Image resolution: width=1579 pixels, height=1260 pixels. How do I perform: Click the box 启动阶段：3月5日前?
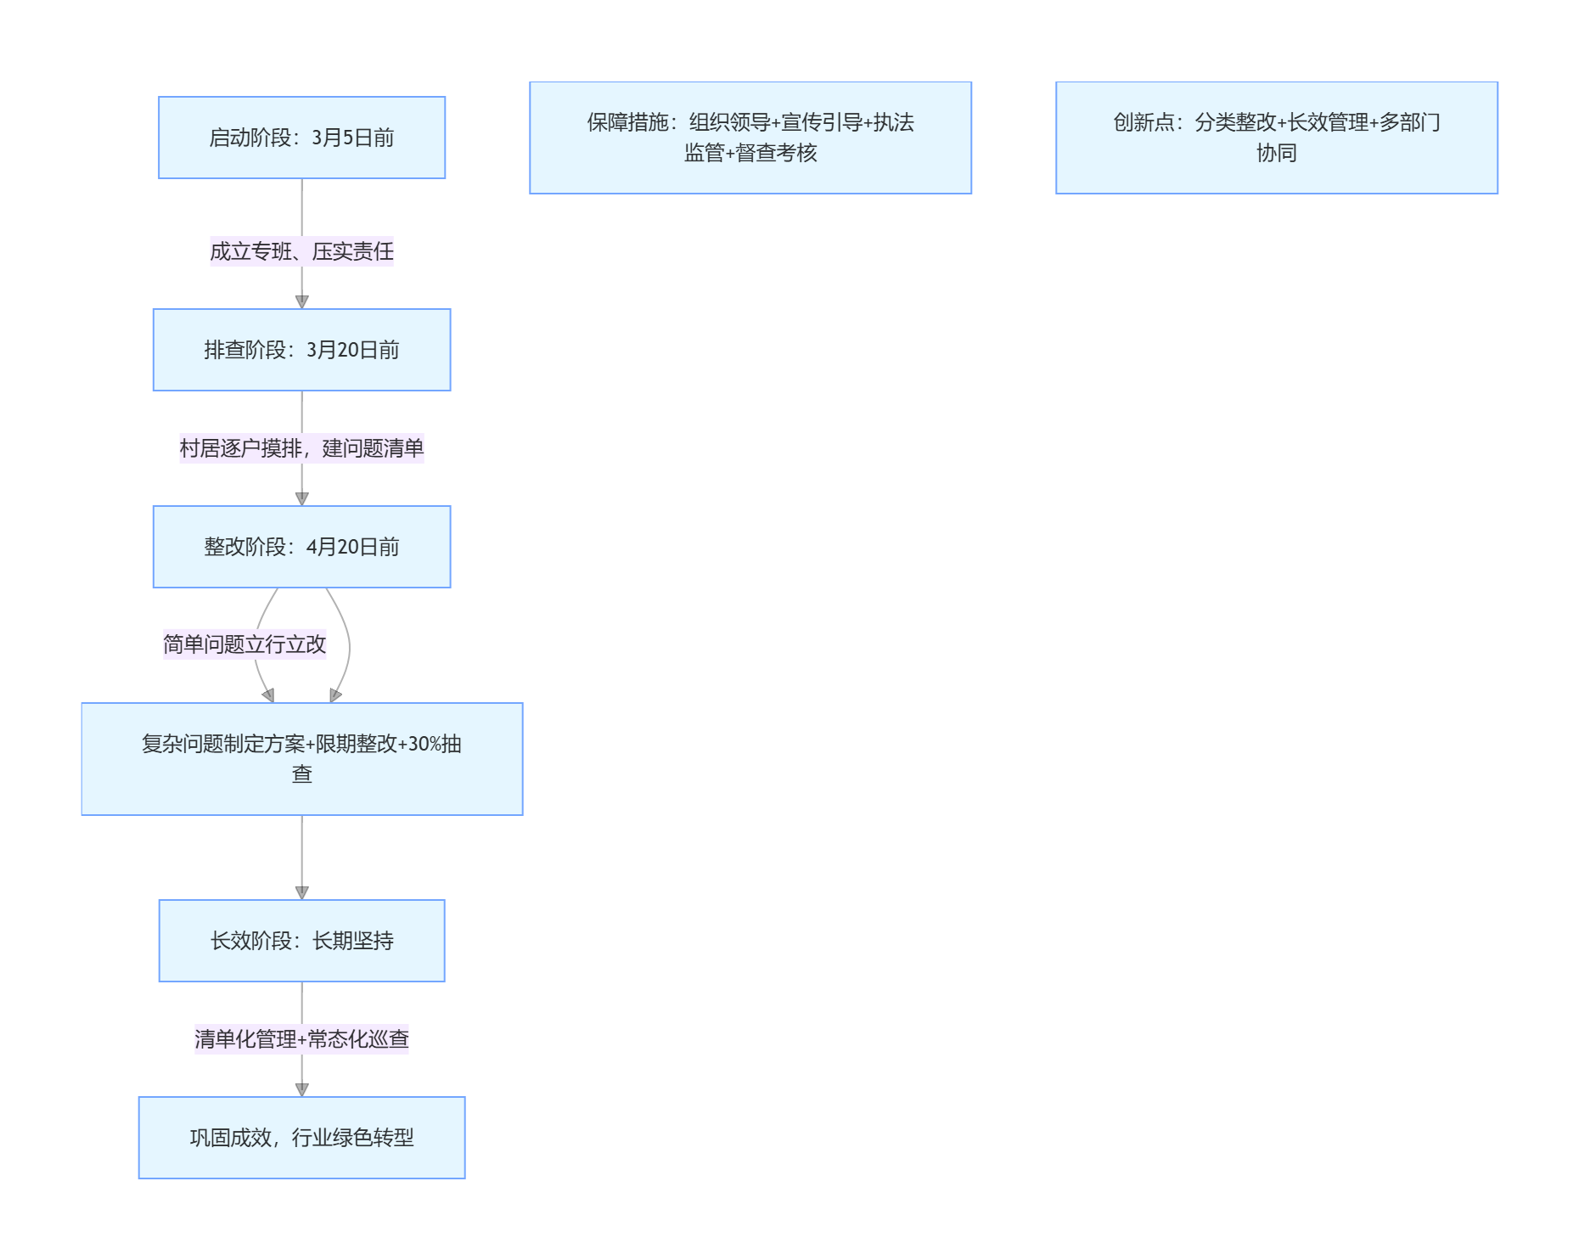pos(301,138)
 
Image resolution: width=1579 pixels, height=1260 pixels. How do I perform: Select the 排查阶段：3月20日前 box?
pos(301,350)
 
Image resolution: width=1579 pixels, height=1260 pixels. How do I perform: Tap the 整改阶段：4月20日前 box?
pos(301,547)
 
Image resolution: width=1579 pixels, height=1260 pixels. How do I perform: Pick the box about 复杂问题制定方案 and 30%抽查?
pos(301,759)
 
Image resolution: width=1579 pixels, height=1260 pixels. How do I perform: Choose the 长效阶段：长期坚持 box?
pos(301,941)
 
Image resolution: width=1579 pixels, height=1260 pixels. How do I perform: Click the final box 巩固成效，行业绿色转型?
pos(301,1138)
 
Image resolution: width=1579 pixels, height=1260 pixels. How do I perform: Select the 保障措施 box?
pos(750,138)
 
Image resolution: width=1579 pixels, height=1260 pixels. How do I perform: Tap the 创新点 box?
pos(1276,138)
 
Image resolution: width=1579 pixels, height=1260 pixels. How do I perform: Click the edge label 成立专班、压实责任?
pos(301,251)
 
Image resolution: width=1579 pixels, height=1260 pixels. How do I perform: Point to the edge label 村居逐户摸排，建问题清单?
pos(301,448)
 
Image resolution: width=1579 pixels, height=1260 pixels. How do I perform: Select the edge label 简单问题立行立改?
pos(244,644)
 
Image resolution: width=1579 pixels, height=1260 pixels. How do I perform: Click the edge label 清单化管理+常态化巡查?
pos(301,1039)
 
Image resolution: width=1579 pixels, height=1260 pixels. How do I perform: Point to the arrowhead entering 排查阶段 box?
pos(301,301)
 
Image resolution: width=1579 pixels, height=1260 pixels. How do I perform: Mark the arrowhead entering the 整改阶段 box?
pos(301,498)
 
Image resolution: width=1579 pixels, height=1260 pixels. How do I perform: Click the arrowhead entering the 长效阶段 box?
pos(301,892)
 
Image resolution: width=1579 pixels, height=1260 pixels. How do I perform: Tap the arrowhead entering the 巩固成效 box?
pos(301,1089)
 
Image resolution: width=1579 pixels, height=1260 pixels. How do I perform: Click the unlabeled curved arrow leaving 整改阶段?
pos(349,645)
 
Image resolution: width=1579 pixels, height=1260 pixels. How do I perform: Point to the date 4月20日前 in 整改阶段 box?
pos(352,547)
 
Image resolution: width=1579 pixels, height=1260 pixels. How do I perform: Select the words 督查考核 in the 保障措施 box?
pos(777,153)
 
